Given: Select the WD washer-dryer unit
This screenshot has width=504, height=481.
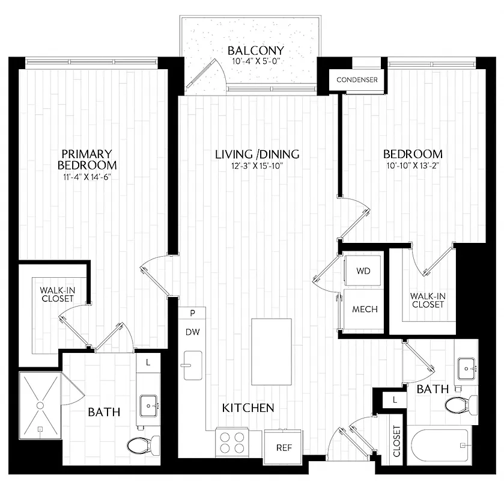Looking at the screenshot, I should click(363, 271).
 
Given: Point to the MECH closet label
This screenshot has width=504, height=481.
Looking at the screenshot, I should click(365, 310).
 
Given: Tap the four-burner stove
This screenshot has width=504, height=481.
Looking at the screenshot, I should click(232, 443).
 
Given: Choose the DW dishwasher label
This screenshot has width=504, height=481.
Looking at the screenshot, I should click(192, 331).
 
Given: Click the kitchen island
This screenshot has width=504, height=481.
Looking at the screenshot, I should click(270, 352).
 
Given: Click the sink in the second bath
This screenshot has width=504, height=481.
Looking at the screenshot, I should click(467, 365).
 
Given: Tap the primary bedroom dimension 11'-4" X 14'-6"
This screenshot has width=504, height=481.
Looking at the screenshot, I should click(87, 177).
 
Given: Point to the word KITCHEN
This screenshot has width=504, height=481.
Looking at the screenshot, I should click(248, 408).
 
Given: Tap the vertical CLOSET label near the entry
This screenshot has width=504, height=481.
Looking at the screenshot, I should click(397, 441).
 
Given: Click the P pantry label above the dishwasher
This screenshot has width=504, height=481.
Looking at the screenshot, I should click(192, 313).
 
